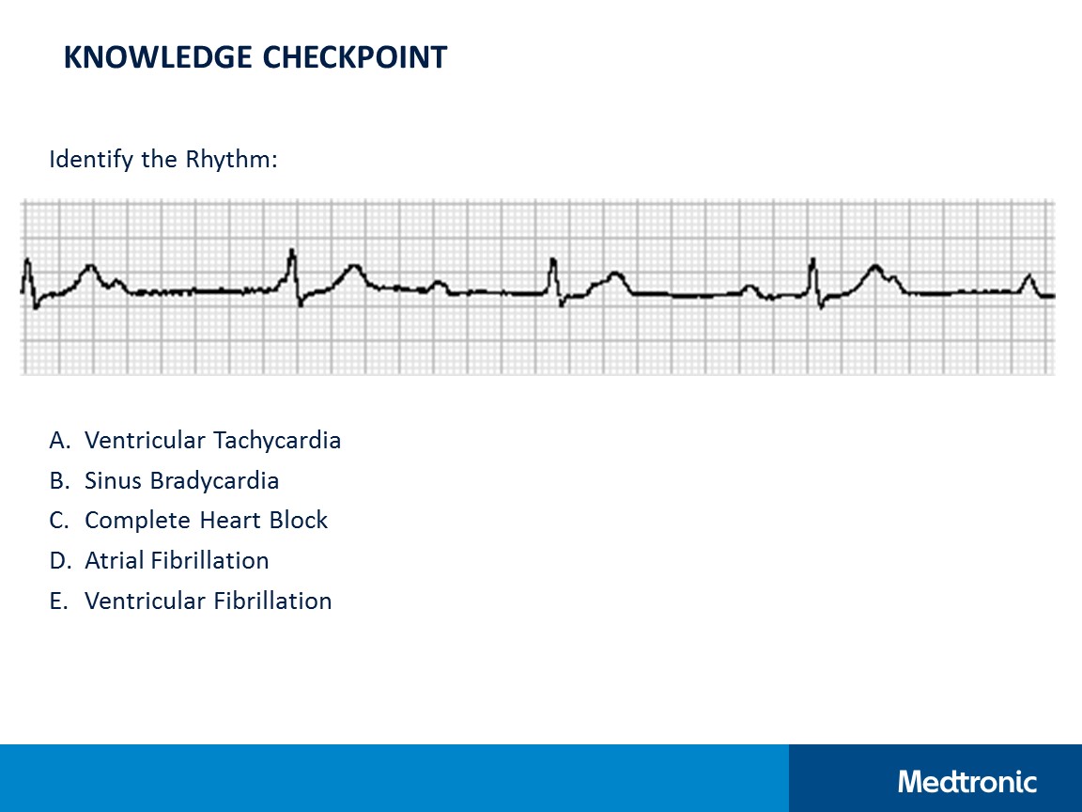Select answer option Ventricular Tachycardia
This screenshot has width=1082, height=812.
[212, 440]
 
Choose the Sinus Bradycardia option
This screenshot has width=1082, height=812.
[181, 480]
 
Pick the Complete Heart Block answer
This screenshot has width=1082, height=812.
[206, 521]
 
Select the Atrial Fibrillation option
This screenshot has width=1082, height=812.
[177, 561]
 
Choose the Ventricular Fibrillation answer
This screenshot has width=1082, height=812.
[208, 601]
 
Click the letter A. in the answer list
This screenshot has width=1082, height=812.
[60, 440]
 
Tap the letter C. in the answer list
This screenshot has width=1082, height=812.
[60, 521]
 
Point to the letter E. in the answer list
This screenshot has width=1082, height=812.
[59, 601]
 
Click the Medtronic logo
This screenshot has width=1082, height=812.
[967, 781]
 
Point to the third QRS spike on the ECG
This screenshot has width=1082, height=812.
[554, 267]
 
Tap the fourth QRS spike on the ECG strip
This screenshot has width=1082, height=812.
[813, 266]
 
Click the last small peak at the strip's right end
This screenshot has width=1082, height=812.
[1029, 277]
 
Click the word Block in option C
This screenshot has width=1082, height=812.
[302, 521]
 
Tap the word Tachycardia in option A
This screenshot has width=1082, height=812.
[277, 440]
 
